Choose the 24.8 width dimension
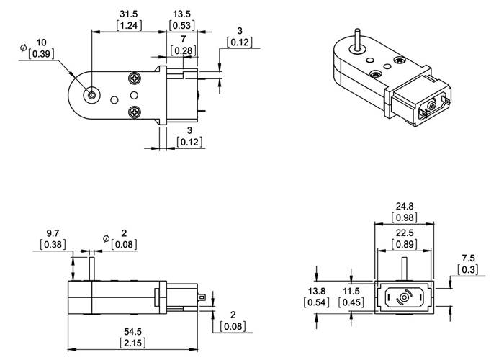coord(404,207)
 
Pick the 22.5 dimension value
coord(404,232)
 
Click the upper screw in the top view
coord(135,77)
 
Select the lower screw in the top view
coord(135,112)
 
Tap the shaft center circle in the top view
coord(93,94)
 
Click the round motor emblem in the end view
coord(404,297)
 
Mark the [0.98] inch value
coord(404,217)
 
